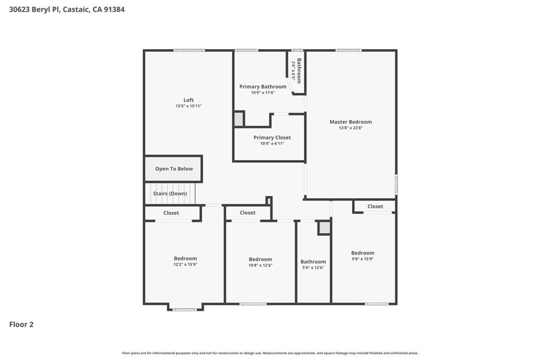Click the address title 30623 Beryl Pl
point(67,9)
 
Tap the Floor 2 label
point(22,325)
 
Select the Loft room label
point(188,100)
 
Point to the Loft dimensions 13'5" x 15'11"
point(188,106)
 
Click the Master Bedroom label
point(351,122)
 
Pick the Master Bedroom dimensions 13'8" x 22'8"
point(351,128)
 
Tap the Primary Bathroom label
point(263,86)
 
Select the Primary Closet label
point(272,138)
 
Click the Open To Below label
point(174,169)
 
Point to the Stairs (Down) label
point(170,193)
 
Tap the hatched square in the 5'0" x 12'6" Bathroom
point(324,228)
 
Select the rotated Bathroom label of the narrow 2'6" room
point(299,71)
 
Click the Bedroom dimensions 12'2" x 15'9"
point(185,265)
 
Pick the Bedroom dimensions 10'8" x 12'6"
point(261,265)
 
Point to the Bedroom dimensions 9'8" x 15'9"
point(363,259)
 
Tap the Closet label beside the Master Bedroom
point(375,206)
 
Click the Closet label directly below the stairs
point(171,213)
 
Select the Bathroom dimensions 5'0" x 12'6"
point(313,267)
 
